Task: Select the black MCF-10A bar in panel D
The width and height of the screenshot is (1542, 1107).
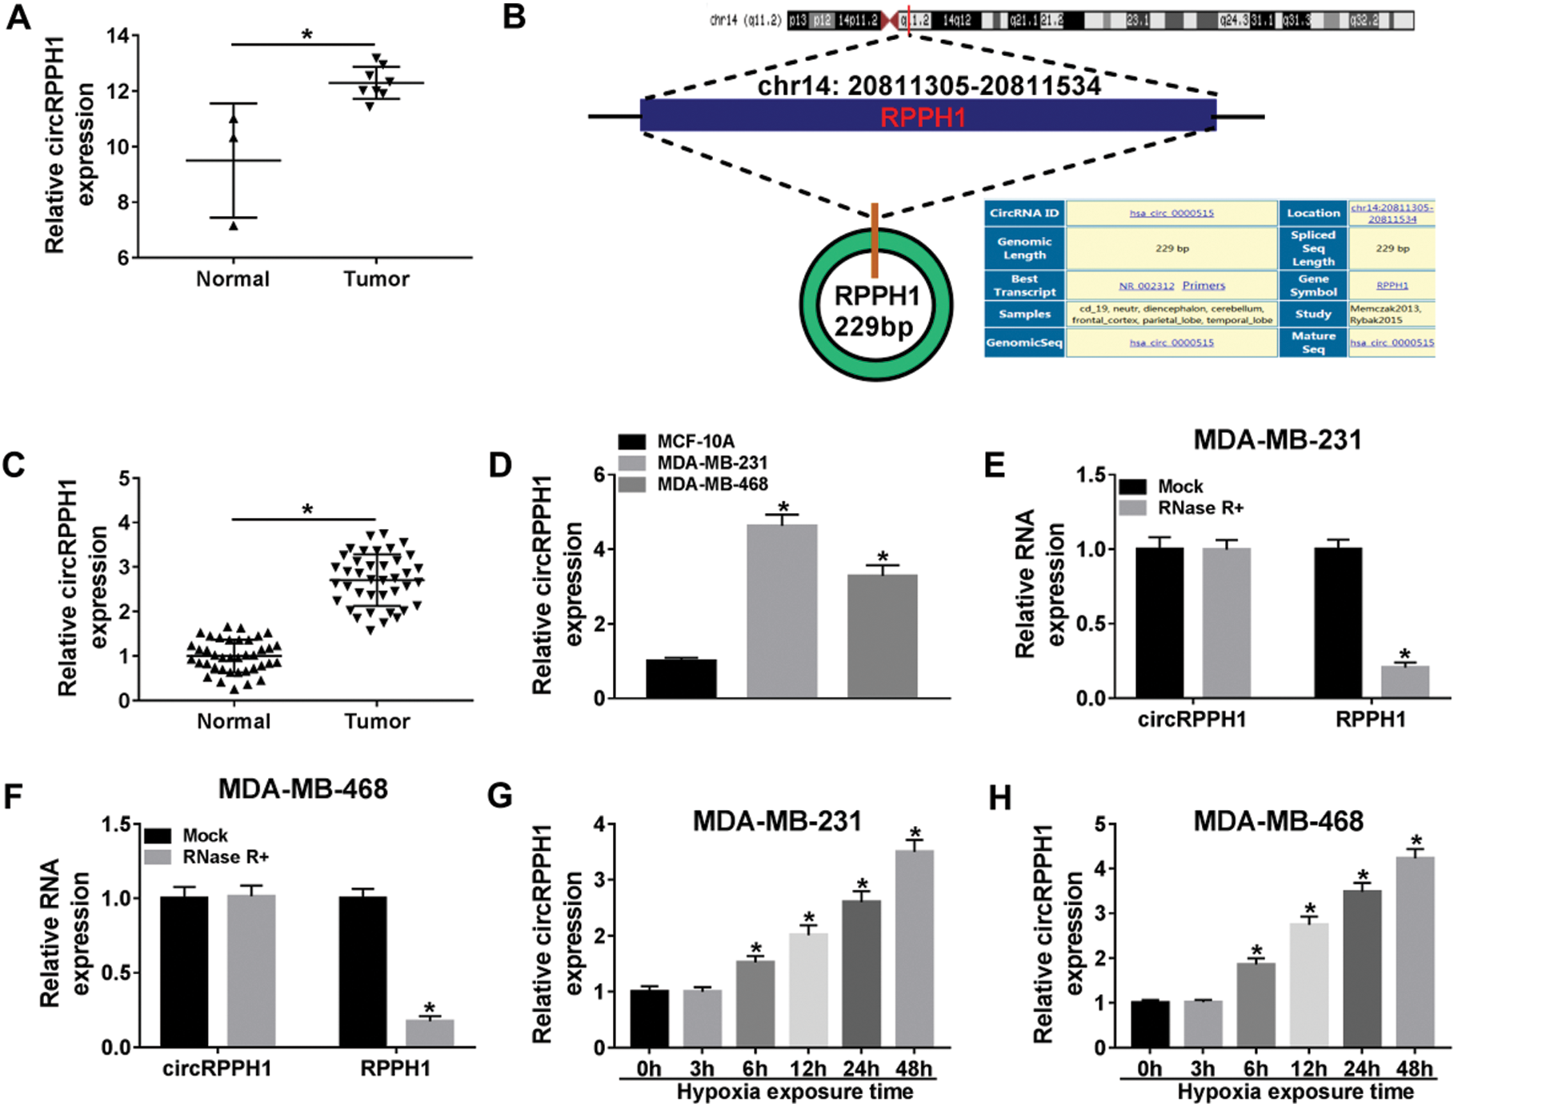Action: (681, 679)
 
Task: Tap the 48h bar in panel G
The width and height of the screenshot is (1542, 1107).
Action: (914, 949)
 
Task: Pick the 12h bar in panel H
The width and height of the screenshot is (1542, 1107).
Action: (1308, 985)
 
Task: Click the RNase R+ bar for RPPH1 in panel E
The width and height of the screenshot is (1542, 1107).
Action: (1404, 681)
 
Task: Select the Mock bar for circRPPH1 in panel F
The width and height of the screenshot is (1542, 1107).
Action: (184, 971)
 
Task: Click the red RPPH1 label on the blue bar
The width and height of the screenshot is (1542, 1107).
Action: (923, 118)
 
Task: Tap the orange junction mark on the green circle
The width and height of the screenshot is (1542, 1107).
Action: (875, 240)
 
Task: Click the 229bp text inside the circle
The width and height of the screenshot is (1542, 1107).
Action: (874, 327)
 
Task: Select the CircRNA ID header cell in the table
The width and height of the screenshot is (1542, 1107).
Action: (1023, 213)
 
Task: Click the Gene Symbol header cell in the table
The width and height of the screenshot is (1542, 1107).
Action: (1312, 285)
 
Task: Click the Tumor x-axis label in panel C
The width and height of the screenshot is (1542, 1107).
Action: (377, 722)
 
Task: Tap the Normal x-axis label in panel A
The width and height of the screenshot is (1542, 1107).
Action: (233, 279)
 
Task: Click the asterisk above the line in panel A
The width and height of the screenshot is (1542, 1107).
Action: (306, 35)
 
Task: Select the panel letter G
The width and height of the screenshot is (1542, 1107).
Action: (500, 796)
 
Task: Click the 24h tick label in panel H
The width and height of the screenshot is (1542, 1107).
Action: (1361, 1069)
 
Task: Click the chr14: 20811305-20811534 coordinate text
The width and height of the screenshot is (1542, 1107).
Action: (928, 86)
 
